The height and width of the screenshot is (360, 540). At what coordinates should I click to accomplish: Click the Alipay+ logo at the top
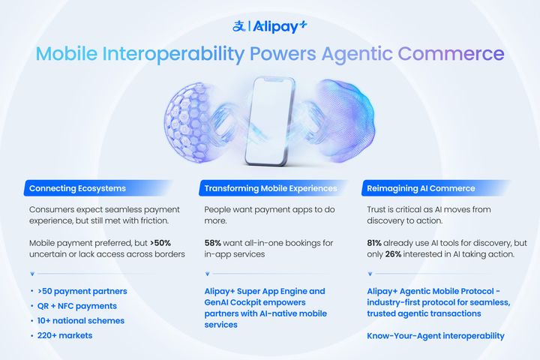[270, 26]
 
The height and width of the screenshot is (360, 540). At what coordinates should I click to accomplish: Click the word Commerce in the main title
[451, 54]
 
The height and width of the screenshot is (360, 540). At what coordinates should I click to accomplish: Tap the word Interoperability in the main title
[173, 55]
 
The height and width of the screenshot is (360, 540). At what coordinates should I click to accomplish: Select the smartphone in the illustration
[270, 121]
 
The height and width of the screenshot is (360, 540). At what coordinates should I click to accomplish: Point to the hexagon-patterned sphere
[187, 123]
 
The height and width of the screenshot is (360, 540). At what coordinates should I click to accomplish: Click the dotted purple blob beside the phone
[346, 121]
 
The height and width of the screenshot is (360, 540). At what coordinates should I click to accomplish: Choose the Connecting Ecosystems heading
[77, 188]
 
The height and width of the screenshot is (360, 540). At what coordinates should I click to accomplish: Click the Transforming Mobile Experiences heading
[271, 188]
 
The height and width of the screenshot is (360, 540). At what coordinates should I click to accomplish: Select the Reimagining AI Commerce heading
[421, 188]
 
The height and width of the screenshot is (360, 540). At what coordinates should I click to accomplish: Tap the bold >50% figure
[160, 243]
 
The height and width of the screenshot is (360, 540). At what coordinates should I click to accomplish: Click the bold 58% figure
[212, 243]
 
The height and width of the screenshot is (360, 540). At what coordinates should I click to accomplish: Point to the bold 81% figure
[374, 243]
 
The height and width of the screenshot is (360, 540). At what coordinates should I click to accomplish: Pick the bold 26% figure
[393, 254]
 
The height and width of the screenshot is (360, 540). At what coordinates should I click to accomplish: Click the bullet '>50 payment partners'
[82, 292]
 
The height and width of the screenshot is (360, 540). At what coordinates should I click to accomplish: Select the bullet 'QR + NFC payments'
[76, 306]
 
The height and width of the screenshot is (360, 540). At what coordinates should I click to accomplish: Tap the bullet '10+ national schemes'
[80, 321]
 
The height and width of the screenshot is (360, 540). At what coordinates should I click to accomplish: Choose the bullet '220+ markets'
[64, 335]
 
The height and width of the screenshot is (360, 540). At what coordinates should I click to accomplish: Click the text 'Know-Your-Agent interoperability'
[436, 336]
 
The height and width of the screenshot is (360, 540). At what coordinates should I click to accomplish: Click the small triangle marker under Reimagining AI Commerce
[370, 274]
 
